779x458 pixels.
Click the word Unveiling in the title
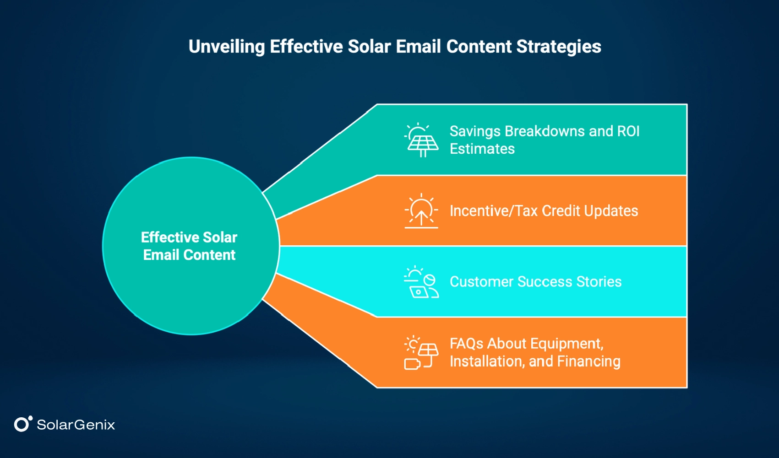click(227, 47)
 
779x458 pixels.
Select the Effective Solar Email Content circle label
click(189, 246)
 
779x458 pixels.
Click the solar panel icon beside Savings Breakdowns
click(421, 140)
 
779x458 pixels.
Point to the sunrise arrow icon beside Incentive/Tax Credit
click(421, 211)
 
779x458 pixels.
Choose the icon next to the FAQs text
click(421, 353)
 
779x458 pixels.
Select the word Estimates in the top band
click(482, 149)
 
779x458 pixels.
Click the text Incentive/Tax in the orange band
click(493, 211)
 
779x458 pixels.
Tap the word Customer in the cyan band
click(481, 282)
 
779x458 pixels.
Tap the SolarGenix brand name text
click(76, 425)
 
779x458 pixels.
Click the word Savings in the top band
click(475, 131)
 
